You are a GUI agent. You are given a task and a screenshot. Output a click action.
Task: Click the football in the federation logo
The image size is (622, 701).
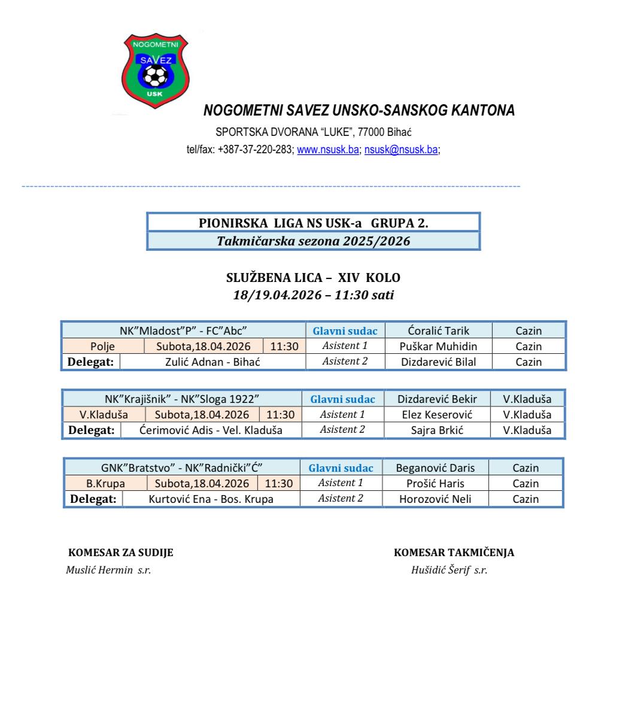(156, 75)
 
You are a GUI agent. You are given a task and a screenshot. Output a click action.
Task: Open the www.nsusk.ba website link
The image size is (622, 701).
(328, 150)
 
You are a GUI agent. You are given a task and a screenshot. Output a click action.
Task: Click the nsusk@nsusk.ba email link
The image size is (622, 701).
(401, 150)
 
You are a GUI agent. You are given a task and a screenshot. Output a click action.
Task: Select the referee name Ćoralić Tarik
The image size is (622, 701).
(439, 330)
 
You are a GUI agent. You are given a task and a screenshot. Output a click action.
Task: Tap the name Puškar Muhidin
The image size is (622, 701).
(438, 346)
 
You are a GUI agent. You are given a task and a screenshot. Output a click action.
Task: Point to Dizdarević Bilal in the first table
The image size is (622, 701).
(439, 362)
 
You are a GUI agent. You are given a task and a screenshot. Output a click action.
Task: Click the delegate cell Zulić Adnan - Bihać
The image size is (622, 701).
(213, 362)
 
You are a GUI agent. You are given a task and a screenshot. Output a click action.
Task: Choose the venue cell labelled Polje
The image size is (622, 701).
(103, 346)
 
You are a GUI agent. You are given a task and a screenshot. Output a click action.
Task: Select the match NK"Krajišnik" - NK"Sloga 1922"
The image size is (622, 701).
(182, 399)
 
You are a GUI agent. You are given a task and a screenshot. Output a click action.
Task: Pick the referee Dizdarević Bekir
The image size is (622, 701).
(437, 399)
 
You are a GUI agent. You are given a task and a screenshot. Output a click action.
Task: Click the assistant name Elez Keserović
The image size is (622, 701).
(437, 414)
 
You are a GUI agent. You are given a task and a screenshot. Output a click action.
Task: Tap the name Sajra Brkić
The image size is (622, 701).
(437, 430)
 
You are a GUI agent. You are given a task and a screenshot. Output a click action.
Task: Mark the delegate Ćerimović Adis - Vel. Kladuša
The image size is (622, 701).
(211, 430)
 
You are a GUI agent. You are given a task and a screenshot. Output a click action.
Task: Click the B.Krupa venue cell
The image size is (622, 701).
(105, 483)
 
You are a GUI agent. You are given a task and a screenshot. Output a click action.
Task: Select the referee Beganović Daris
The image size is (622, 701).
(435, 468)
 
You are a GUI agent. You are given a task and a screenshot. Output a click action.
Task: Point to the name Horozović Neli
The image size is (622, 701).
(435, 499)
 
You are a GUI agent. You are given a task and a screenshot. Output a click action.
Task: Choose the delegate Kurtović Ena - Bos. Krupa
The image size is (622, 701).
(211, 499)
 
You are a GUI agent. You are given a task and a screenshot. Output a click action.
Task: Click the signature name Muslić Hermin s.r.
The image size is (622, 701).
(108, 570)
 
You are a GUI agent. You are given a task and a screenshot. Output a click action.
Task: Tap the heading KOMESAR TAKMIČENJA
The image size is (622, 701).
(454, 553)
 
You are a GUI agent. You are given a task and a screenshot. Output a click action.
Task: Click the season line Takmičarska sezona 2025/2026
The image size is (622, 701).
(313, 241)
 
